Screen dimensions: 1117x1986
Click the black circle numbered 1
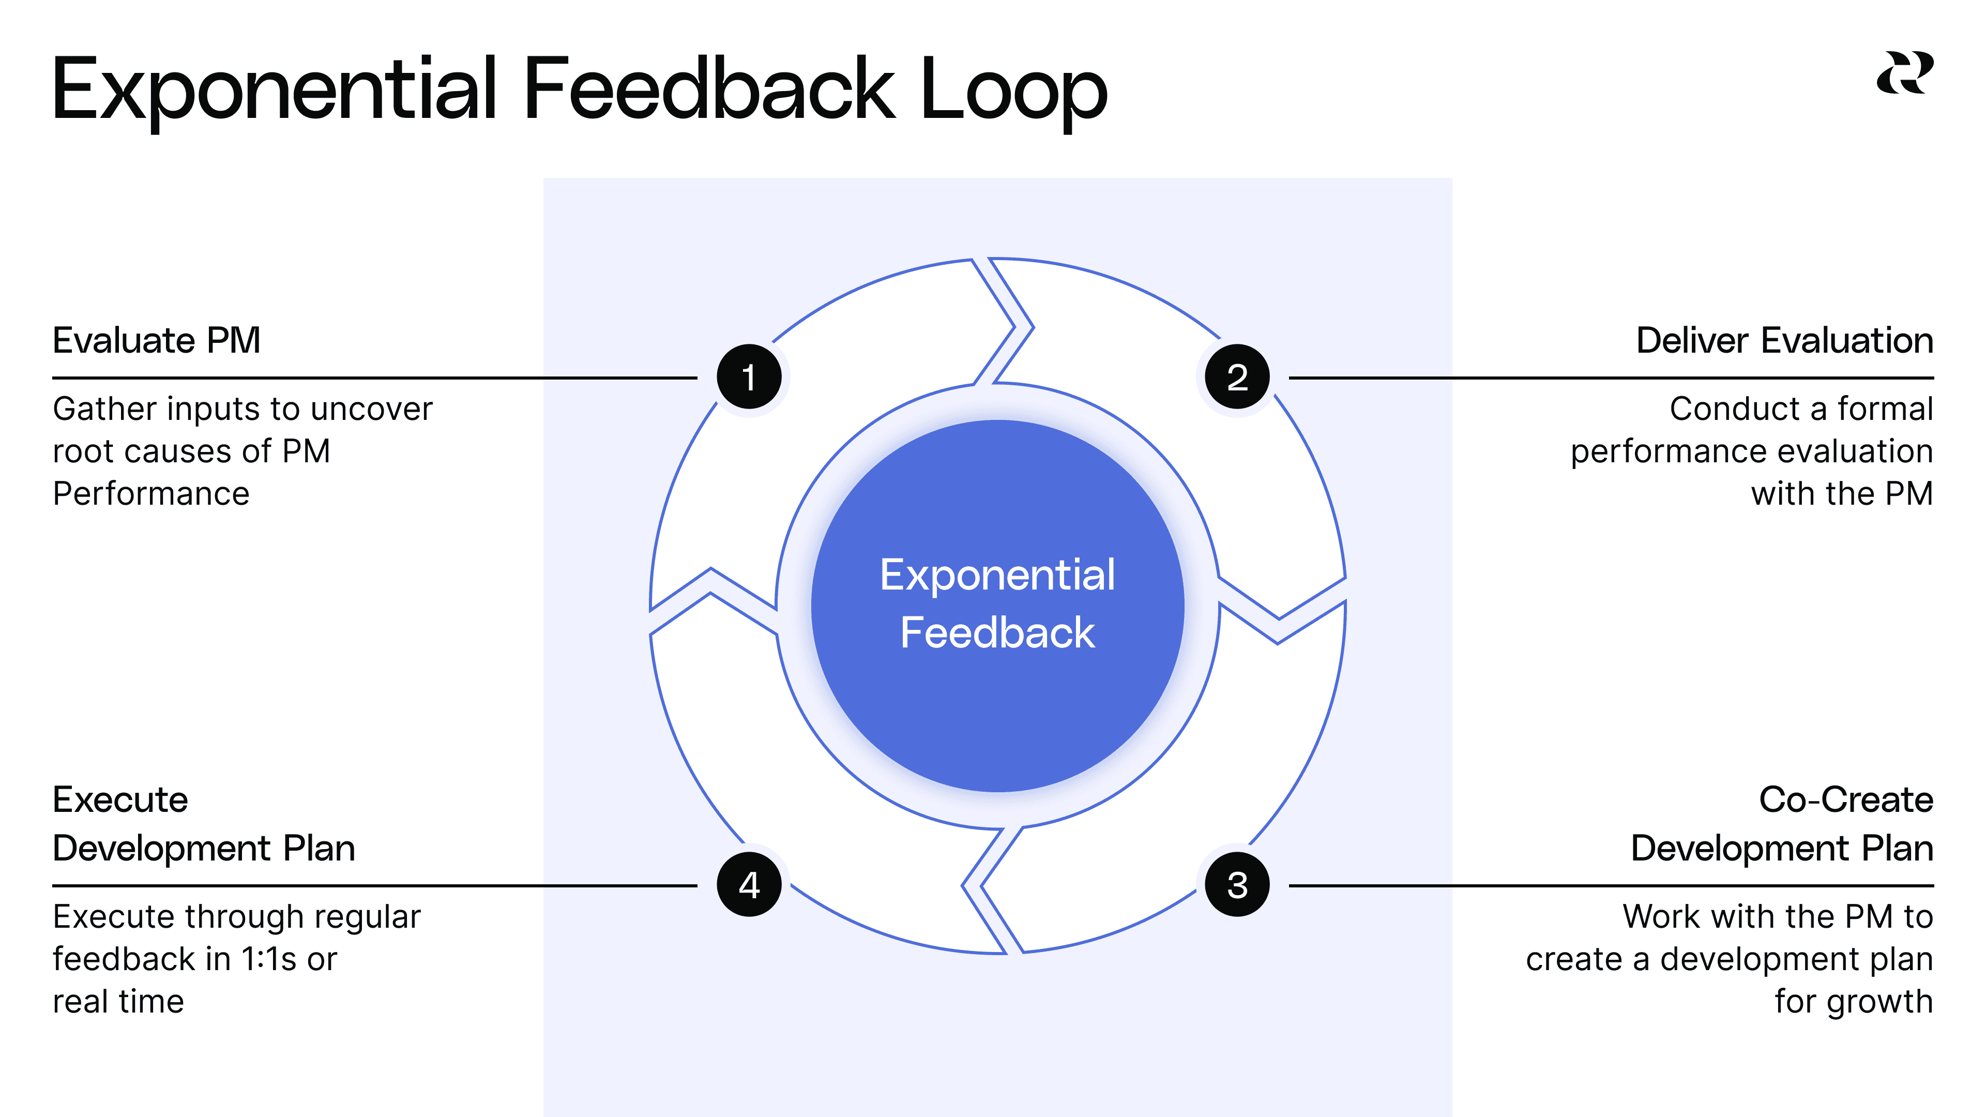[749, 377]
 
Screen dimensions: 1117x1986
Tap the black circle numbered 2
[1237, 377]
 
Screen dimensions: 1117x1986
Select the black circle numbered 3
[1237, 884]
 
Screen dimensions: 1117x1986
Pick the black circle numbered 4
[749, 884]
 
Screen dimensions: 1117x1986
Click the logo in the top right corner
[1904, 73]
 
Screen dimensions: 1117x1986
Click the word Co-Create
[1846, 799]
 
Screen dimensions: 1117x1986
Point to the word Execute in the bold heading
[120, 799]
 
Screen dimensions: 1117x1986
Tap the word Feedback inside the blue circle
[997, 633]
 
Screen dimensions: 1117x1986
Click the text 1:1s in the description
[269, 959]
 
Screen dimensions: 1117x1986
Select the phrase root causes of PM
[191, 451]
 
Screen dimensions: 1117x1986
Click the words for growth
[1854, 1001]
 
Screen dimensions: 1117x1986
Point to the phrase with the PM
[1841, 493]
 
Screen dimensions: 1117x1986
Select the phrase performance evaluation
[1752, 451]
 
